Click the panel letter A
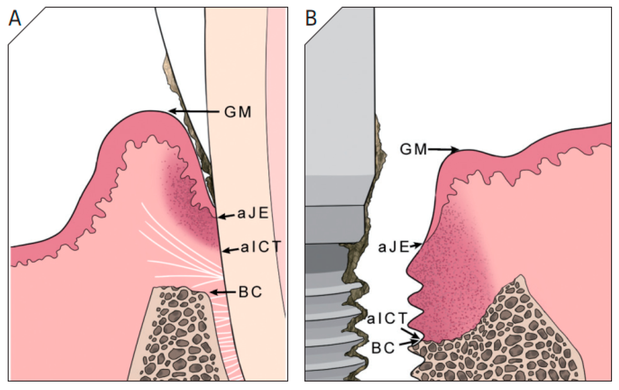(15, 18)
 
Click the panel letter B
(311, 18)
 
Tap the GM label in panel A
(237, 112)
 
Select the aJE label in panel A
(253, 214)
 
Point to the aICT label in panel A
(261, 247)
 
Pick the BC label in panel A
(250, 292)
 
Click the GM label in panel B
(413, 149)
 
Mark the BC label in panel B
(383, 348)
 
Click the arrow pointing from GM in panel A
(195, 112)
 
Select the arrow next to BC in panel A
(223, 292)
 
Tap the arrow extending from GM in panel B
(443, 150)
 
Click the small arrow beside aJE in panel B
(415, 246)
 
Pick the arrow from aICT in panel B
(410, 333)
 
